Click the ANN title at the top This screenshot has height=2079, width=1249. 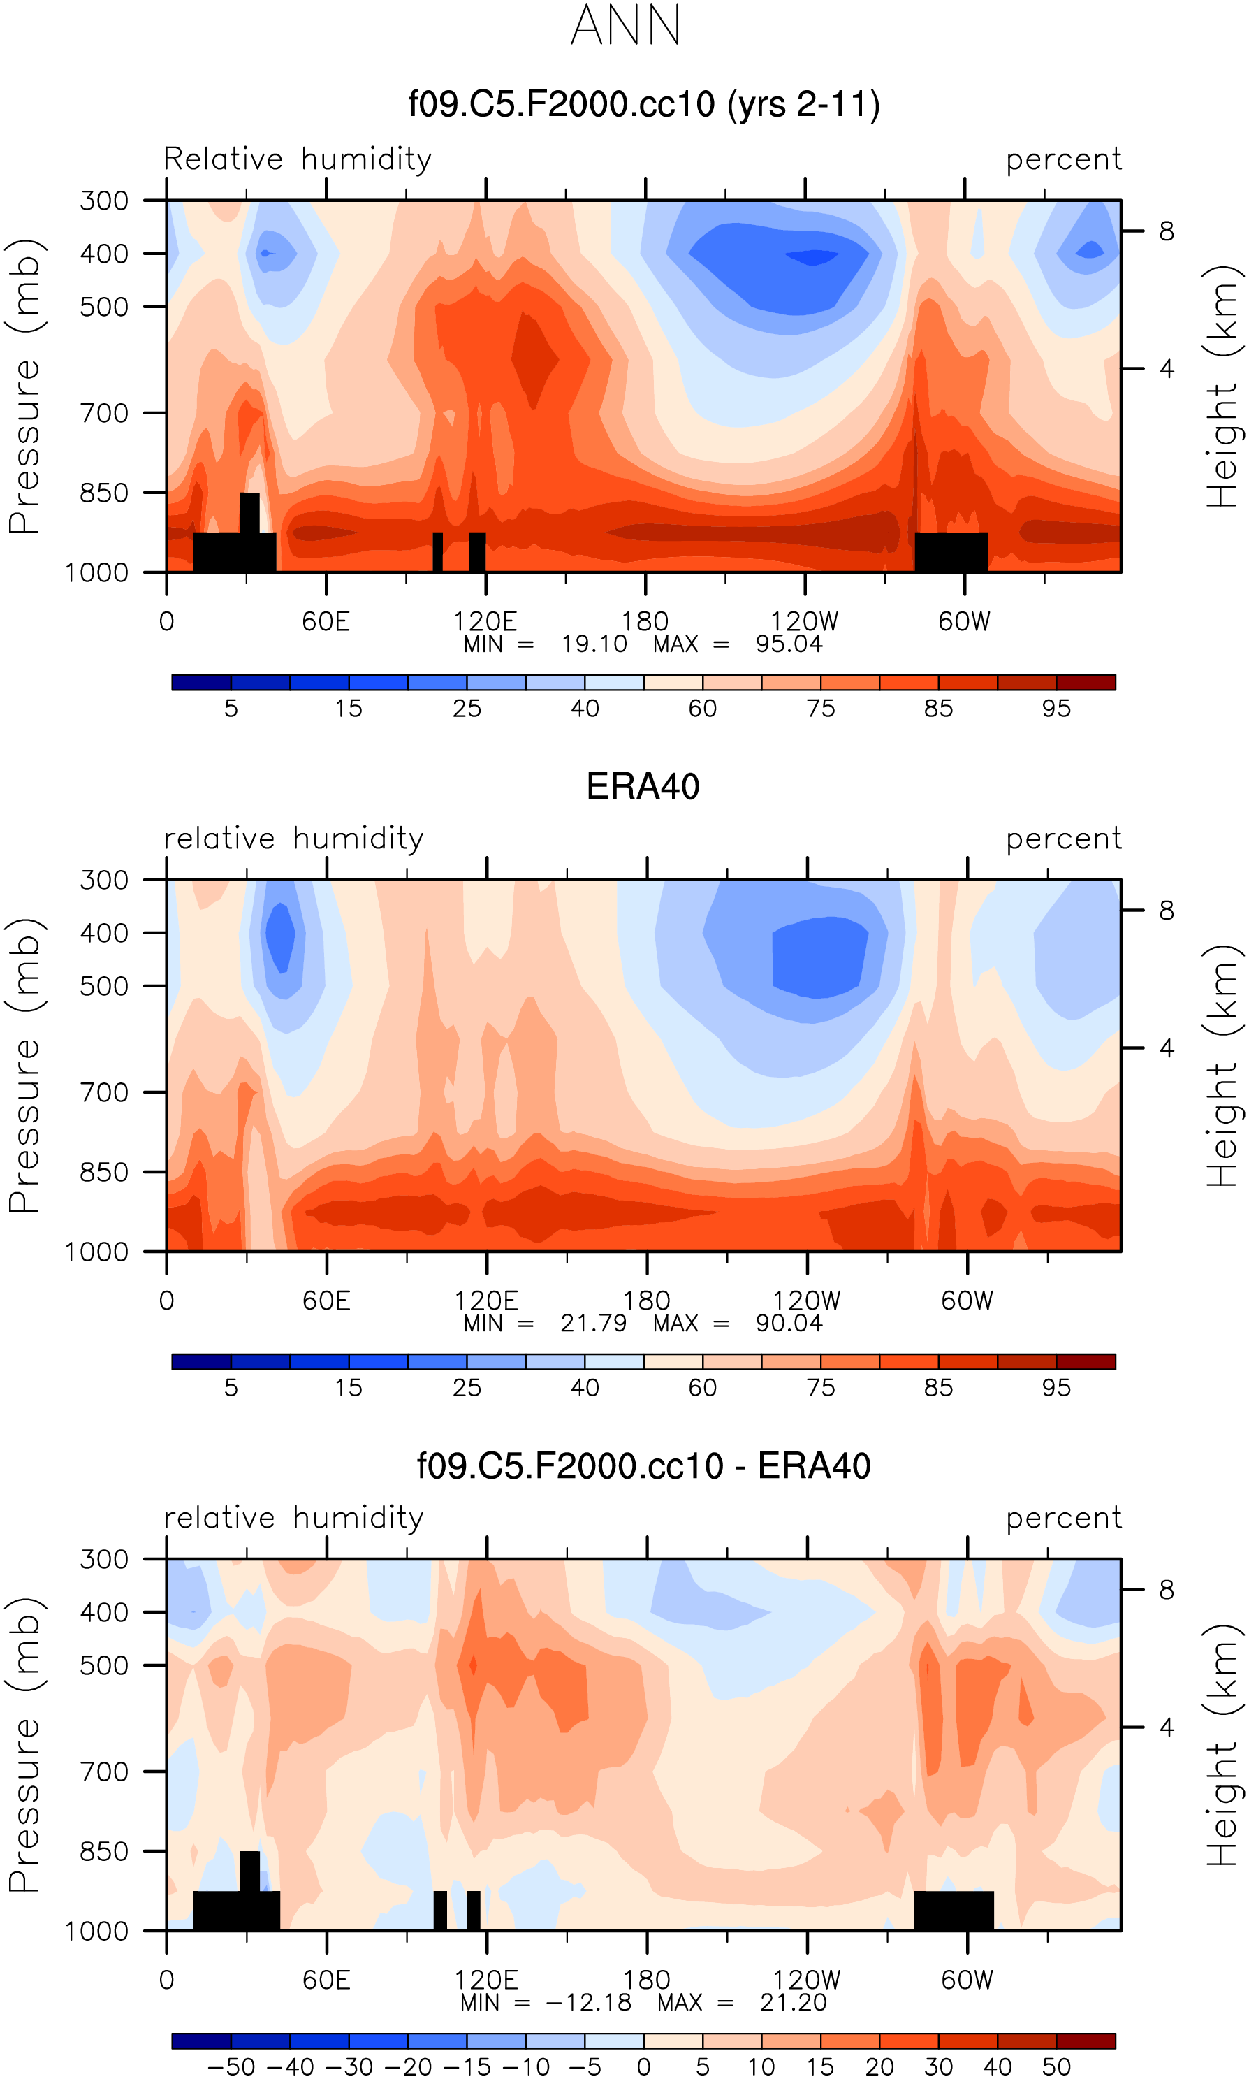click(625, 26)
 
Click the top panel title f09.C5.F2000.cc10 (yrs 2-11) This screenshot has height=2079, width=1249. click(644, 104)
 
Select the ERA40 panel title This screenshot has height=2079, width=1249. click(643, 786)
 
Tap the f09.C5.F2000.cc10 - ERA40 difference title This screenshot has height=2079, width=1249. click(644, 1465)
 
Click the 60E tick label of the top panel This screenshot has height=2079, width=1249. click(326, 621)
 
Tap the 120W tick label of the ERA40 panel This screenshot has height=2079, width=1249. click(806, 1301)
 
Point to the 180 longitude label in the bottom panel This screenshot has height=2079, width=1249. click(646, 1980)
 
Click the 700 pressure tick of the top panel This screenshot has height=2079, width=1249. click(104, 413)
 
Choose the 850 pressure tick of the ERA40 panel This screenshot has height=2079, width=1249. click(104, 1173)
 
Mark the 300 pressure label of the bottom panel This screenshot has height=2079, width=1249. click(104, 1560)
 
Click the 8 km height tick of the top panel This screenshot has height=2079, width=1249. click(1166, 231)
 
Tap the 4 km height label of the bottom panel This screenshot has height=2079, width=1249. click(1166, 1727)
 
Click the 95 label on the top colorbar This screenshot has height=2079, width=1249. click(1056, 708)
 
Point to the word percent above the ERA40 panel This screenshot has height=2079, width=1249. click(1064, 839)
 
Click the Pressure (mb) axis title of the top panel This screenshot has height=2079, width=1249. click(25, 387)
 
